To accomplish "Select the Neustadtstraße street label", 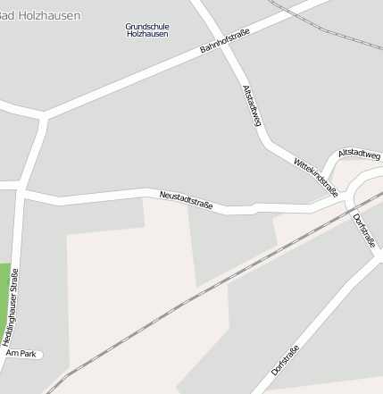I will pos(186,200).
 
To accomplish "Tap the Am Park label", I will pos(21,355).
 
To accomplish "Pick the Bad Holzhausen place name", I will pos(39,15).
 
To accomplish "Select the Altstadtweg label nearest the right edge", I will pos(359,155).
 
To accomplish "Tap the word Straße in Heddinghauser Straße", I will pos(13,281).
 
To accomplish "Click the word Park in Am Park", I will pos(27,355).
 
